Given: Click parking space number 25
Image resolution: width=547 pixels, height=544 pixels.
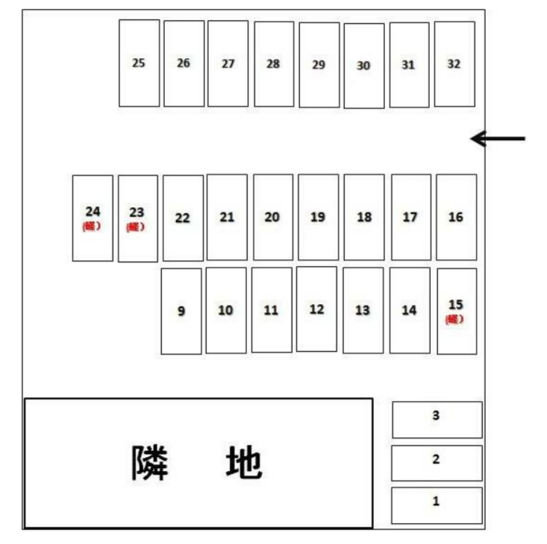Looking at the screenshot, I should click(139, 63).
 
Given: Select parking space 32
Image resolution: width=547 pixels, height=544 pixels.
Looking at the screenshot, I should click(454, 64).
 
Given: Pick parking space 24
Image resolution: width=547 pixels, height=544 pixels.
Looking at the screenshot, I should click(93, 218).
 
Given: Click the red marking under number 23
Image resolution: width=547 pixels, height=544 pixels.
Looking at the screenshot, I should click(136, 227).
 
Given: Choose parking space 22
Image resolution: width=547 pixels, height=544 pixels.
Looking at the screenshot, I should click(183, 218).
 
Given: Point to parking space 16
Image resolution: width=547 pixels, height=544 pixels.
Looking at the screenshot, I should click(456, 217).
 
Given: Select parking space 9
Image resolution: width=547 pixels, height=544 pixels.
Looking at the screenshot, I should click(181, 311).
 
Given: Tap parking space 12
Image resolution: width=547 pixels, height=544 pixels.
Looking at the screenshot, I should click(316, 309).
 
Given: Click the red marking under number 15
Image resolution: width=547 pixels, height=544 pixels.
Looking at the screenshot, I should click(454, 320).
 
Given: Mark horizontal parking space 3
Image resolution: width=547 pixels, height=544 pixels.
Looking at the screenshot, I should click(437, 420).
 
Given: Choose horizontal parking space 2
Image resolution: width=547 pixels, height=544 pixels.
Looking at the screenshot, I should click(437, 463).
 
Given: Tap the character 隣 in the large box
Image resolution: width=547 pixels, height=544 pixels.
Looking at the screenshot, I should click(151, 463).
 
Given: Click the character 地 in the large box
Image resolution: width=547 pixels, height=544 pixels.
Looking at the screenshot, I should click(243, 463).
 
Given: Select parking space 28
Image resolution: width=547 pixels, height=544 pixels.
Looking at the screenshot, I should click(274, 64).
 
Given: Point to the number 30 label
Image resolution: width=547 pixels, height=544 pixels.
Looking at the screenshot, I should click(363, 66).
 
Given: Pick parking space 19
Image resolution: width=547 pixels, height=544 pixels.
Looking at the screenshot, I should click(318, 217).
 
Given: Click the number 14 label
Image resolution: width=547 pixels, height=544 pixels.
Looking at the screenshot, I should click(409, 310).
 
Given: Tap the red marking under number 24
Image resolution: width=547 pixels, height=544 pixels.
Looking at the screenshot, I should click(93, 227).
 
